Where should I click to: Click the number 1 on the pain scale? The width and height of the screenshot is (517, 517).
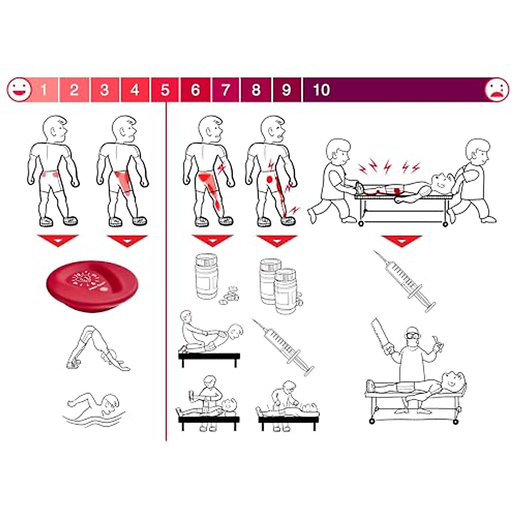click(x=44, y=90)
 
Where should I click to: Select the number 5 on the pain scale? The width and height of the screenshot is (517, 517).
click(x=165, y=90)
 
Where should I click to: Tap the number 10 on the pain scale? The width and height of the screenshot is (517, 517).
click(x=321, y=90)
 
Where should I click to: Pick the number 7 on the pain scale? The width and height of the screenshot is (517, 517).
click(x=225, y=90)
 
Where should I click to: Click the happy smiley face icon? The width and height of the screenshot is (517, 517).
click(x=19, y=90)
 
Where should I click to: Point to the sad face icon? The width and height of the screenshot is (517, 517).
click(x=497, y=90)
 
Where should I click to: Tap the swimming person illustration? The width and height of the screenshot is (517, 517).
click(x=95, y=407)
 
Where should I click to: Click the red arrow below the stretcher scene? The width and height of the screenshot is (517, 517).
click(x=401, y=240)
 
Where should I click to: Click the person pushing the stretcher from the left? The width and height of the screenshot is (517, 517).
click(x=334, y=181)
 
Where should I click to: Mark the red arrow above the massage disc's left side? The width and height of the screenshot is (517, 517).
click(x=58, y=240)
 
